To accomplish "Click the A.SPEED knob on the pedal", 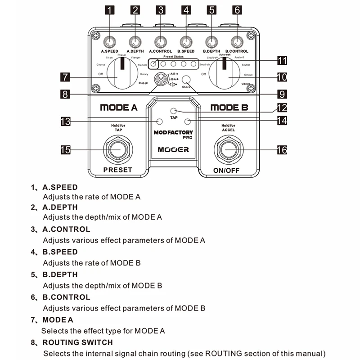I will tap(109, 42).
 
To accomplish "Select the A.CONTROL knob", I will tap(161, 42).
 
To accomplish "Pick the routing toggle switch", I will tap(158, 81).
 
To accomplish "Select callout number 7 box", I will tap(64, 77).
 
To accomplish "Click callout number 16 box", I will tap(282, 150).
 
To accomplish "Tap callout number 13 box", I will tap(64, 121).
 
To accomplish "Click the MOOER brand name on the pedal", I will tap(173, 150).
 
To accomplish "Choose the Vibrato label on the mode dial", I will tap(246, 84).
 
